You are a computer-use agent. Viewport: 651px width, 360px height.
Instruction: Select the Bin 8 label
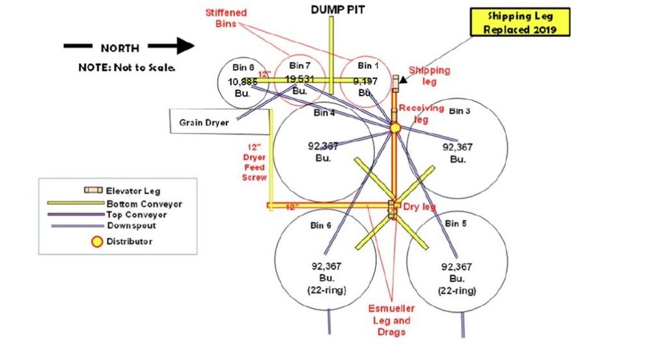(243, 67)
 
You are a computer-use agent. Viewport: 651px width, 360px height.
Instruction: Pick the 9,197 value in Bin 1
(365, 81)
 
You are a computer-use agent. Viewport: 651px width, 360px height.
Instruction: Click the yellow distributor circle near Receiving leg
(395, 128)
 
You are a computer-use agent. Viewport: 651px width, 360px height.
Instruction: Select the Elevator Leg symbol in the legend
(95, 191)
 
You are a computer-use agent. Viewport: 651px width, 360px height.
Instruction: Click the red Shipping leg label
(429, 76)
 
